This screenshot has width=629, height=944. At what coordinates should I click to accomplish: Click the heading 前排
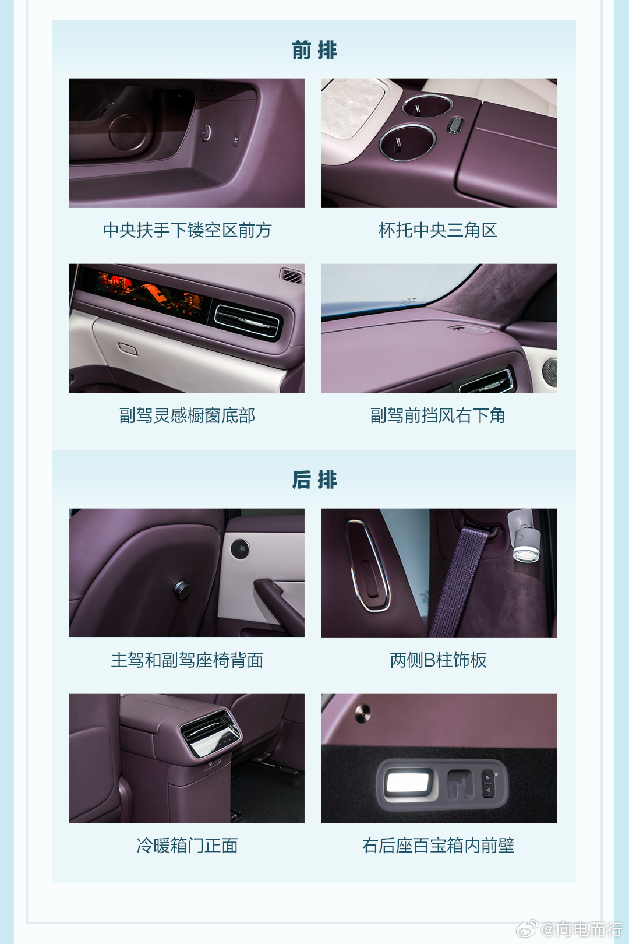(314, 51)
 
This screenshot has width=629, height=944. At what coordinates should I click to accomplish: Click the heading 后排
(314, 480)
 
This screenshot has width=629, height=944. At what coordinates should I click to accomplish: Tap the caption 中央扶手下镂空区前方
(187, 230)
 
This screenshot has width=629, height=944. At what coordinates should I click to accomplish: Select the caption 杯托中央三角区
(438, 230)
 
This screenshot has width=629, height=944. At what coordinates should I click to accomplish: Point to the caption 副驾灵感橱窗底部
(187, 415)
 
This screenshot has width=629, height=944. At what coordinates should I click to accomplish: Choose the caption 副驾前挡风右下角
(438, 415)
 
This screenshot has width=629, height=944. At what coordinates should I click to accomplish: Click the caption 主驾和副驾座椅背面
(187, 660)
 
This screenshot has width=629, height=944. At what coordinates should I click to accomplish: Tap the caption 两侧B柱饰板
(438, 660)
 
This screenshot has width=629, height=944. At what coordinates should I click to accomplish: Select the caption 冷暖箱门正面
(187, 846)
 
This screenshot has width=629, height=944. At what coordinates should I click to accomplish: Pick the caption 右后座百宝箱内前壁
(438, 846)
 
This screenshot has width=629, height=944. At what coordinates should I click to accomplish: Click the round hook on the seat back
(182, 590)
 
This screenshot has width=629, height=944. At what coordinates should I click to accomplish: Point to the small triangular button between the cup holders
(455, 125)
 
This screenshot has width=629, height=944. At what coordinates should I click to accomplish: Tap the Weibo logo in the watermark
(526, 929)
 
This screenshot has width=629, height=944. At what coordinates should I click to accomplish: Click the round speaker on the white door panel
(240, 548)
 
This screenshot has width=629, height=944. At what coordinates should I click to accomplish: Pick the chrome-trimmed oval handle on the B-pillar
(367, 565)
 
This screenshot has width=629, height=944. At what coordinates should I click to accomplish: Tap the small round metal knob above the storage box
(362, 711)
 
